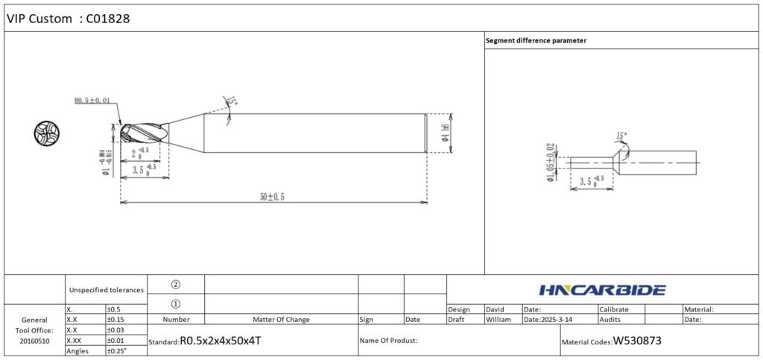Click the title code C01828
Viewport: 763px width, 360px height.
108,19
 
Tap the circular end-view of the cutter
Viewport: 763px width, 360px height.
46,133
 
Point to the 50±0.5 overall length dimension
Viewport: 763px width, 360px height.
272,196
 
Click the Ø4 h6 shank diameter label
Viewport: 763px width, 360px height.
445,133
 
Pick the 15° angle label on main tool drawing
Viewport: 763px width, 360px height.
232,101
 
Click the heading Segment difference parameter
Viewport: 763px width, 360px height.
536,40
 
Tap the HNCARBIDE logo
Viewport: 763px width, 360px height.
602,290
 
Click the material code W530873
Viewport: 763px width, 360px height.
637,341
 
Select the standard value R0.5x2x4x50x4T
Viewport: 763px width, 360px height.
221,341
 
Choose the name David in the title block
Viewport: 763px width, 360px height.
495,309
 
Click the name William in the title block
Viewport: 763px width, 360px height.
498,319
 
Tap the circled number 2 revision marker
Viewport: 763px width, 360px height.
176,284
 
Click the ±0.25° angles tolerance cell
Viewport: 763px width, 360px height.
116,351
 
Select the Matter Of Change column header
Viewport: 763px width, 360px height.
281,319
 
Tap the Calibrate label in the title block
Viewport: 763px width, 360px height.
614,309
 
